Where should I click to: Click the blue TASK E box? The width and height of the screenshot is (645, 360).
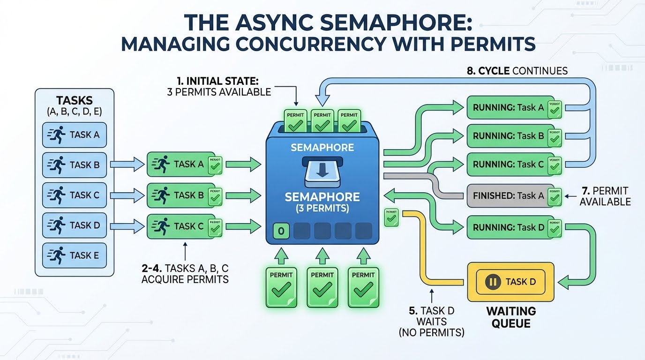[75, 255]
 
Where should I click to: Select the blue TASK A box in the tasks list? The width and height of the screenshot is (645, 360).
[75, 135]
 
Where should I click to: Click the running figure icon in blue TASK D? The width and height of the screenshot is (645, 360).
[57, 225]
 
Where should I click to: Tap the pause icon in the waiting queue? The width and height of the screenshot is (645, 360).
[492, 282]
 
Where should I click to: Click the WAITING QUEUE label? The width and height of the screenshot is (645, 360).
[510, 317]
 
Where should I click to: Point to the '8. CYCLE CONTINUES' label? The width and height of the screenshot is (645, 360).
[517, 71]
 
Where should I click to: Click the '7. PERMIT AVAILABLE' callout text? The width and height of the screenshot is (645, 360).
[605, 196]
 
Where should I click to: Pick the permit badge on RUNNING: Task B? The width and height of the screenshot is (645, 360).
[556, 136]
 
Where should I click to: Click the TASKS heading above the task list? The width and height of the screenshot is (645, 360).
[75, 101]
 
